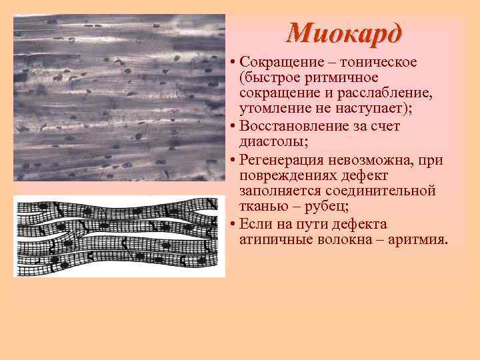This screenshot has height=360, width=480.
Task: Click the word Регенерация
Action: tap(281, 160)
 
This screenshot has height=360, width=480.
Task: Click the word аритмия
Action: tap(414, 239)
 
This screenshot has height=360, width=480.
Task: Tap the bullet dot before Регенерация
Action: tap(229, 160)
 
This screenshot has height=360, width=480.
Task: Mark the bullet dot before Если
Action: tap(229, 224)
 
